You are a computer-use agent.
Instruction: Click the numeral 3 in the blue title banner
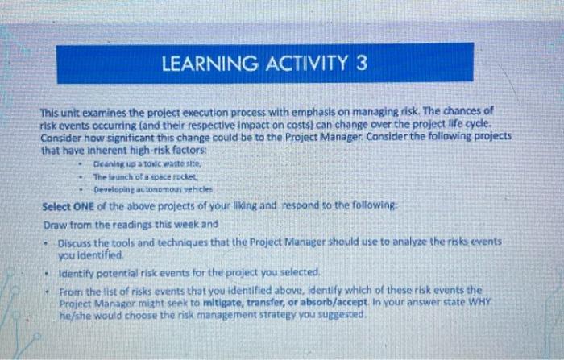tap(361, 63)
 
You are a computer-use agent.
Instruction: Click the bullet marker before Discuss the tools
tap(48, 242)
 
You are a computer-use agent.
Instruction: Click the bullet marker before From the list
tap(48, 289)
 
